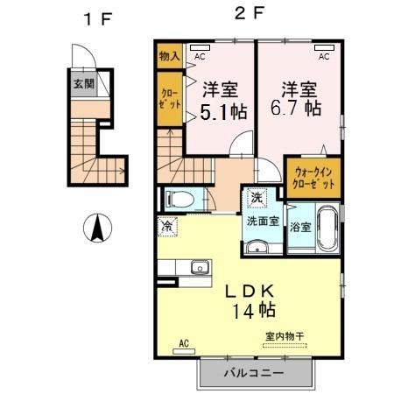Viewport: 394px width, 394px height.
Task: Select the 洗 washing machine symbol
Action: tap(257, 198)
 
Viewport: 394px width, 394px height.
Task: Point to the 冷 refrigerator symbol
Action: tap(167, 226)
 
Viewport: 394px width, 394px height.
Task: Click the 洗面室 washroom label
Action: tap(262, 222)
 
